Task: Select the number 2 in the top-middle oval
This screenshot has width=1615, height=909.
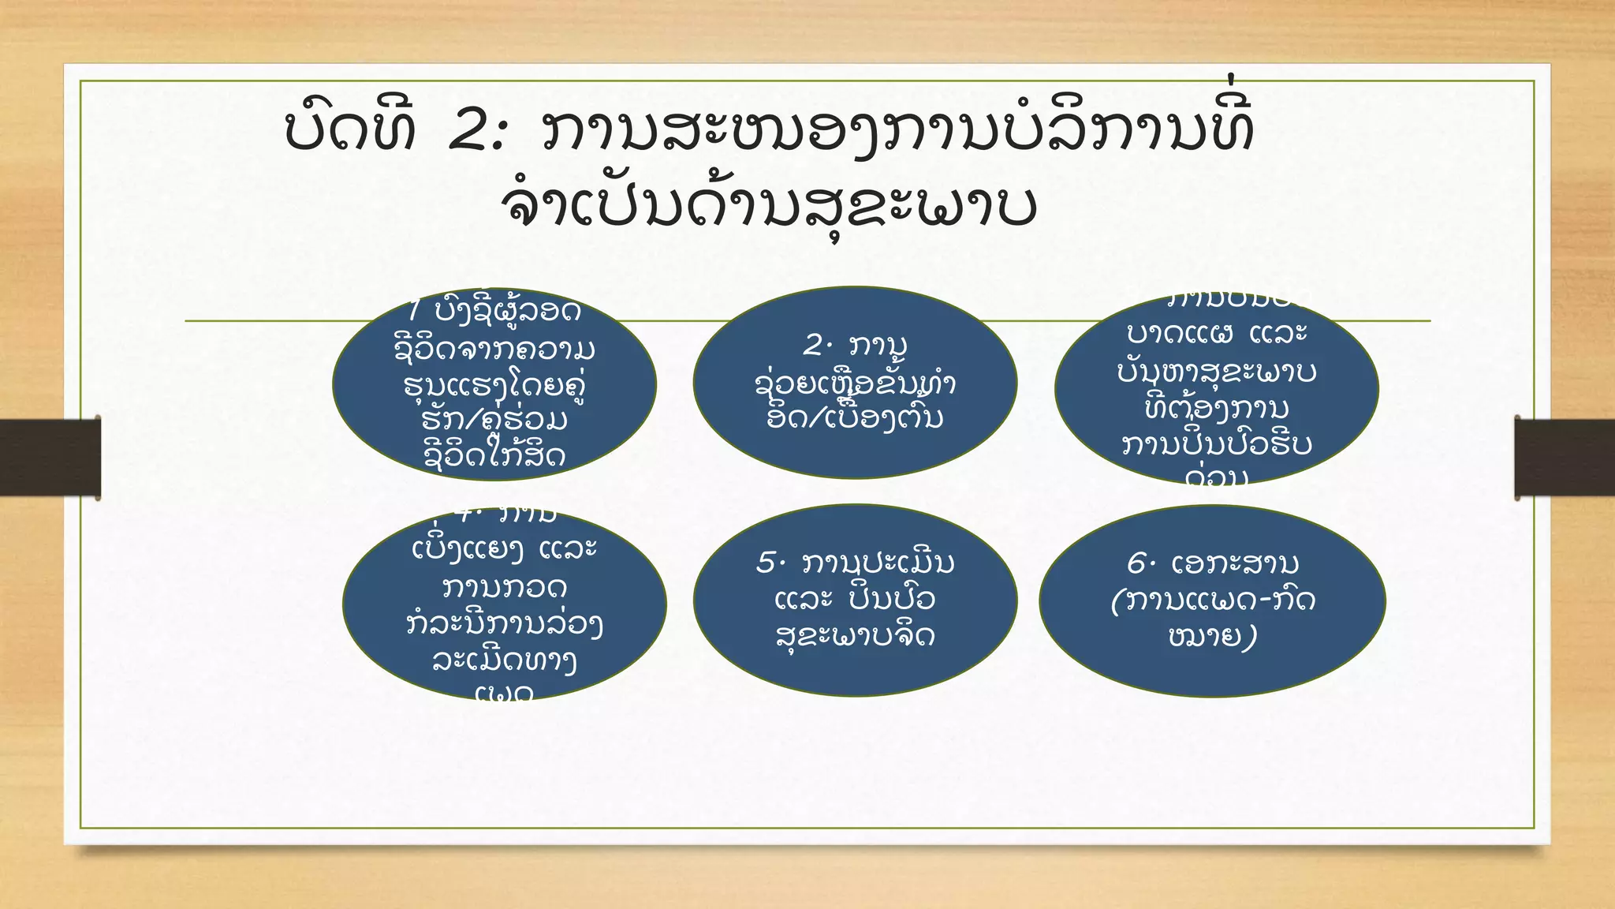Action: pos(814,346)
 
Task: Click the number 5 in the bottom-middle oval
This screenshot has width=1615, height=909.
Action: pos(767,563)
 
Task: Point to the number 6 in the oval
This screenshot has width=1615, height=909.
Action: pos(1137,563)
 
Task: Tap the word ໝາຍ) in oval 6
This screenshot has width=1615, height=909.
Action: pos(1213,636)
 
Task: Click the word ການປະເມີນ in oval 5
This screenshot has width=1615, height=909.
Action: pos(878,563)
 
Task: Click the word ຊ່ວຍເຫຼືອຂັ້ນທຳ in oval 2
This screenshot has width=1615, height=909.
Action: pos(855,383)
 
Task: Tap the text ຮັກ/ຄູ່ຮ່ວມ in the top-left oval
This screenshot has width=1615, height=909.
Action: pos(494,419)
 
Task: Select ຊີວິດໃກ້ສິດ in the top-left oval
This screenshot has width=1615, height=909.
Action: pos(494,455)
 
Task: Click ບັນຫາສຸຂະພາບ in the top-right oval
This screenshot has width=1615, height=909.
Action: pos(1216,371)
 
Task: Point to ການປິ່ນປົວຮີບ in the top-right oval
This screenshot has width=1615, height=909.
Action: pos(1216,444)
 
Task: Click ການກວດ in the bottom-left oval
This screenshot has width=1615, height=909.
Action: pos(505,587)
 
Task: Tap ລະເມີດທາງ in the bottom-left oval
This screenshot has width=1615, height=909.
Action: pos(505,660)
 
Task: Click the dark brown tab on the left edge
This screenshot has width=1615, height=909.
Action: pos(50,458)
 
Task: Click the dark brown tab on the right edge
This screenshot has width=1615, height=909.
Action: pos(1565,458)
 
